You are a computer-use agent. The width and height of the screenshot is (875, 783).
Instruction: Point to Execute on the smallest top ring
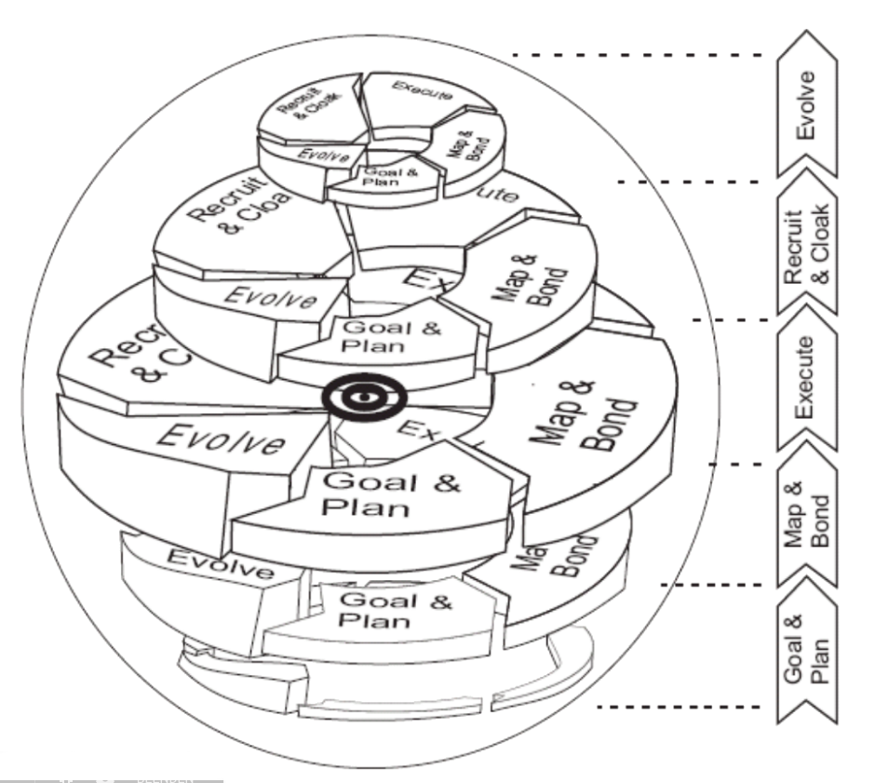tap(422, 91)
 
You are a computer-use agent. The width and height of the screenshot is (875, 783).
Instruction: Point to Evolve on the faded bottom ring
tap(220, 564)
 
